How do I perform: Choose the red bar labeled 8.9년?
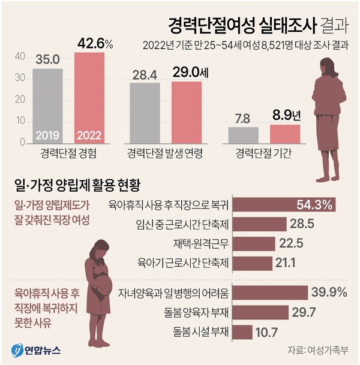285,134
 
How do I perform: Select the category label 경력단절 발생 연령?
165,154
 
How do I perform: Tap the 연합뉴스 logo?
36,350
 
